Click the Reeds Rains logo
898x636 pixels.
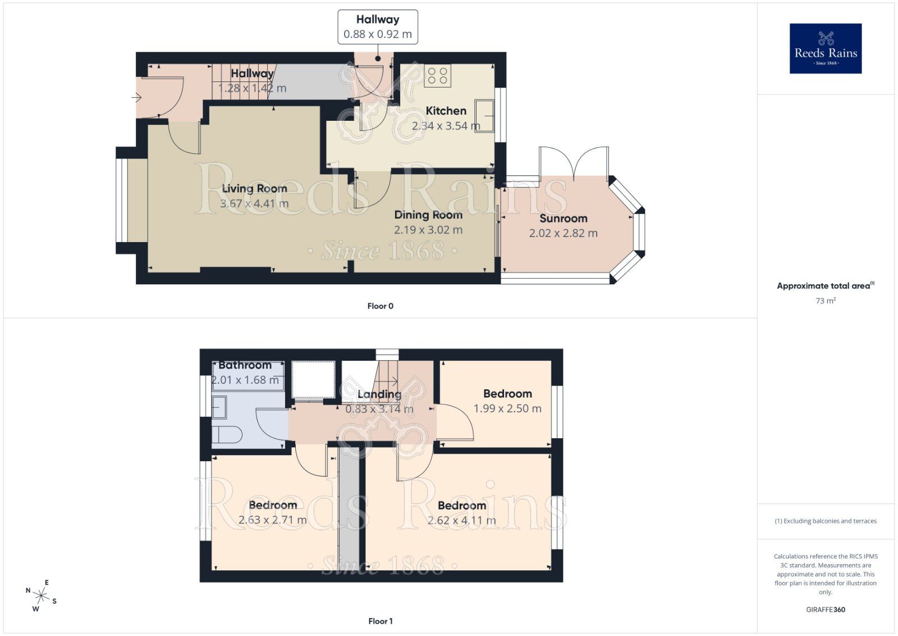point(825,48)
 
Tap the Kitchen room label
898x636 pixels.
point(446,111)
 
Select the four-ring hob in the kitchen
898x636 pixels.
point(437,76)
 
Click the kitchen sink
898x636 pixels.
point(484,116)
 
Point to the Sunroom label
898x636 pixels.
point(563,219)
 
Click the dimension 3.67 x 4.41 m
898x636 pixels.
point(254,203)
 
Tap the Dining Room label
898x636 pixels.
point(428,215)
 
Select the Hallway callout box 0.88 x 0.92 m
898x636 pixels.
point(377,26)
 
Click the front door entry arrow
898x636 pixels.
point(136,98)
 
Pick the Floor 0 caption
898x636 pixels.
point(380,306)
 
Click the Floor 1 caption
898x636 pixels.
point(380,621)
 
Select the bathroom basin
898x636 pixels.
point(219,407)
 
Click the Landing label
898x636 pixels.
point(379,394)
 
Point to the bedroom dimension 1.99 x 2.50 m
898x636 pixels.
point(507,408)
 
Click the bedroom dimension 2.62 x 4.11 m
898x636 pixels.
point(461,520)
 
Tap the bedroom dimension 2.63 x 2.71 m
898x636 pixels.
point(272,520)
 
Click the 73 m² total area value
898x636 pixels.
point(825,301)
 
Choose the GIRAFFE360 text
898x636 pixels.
point(825,610)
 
